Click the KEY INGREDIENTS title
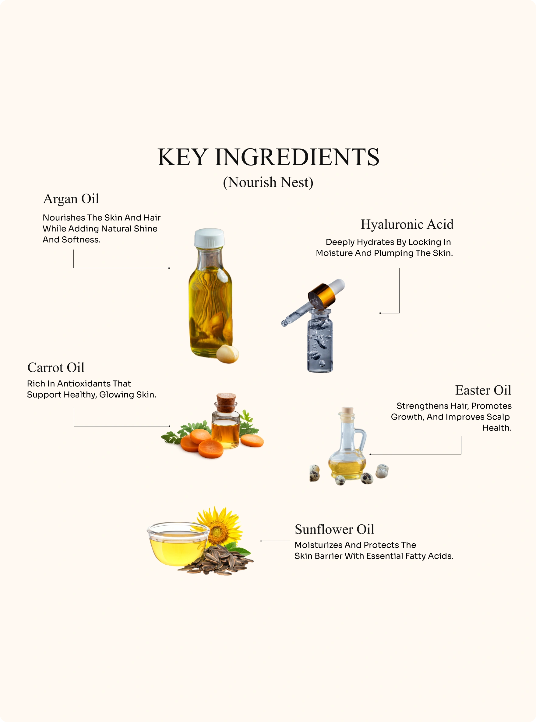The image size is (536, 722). point(268,157)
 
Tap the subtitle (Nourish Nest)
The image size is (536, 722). point(268,182)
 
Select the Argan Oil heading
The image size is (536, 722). point(71,199)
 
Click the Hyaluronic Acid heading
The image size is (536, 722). point(407,224)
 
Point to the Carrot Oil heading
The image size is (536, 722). point(56,368)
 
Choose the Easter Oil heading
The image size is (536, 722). point(483,390)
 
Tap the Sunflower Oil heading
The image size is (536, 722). point(334,529)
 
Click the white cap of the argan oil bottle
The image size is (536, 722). point(209,238)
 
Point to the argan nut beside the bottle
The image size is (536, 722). point(227,354)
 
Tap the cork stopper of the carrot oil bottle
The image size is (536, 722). point(226,402)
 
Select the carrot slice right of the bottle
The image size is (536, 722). point(252,441)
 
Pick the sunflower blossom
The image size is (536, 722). point(218,527)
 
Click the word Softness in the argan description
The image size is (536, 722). point(81,240)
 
